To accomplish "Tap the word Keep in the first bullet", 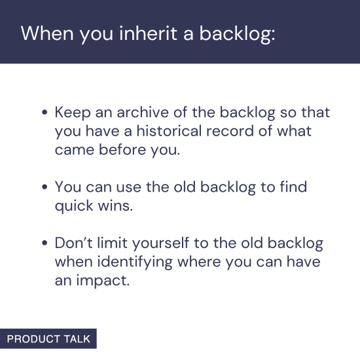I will pos(71,112).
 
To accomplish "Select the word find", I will pos(293,187).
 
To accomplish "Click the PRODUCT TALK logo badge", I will pos(48,338).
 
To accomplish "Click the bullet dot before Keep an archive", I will pos(45,113).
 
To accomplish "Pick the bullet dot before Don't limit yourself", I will pos(45,244).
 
